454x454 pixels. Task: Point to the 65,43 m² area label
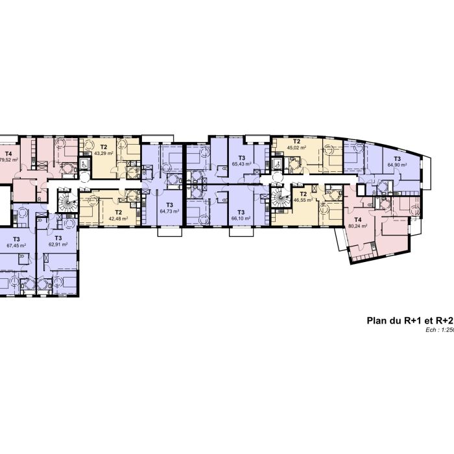pyautogui.click(x=241, y=165)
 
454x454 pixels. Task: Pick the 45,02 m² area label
pyautogui.click(x=297, y=148)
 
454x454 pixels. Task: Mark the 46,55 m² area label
pyautogui.click(x=303, y=201)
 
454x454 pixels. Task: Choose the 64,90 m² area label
pyautogui.click(x=397, y=165)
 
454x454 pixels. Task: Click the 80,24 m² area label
pyautogui.click(x=357, y=226)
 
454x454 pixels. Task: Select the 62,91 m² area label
pyautogui.click(x=58, y=246)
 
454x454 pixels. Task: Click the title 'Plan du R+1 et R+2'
pyautogui.click(x=409, y=320)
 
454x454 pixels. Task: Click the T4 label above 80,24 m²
pyautogui.click(x=357, y=219)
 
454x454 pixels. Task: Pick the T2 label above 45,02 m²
pyautogui.click(x=297, y=141)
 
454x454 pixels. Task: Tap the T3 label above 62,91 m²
pyautogui.click(x=58, y=239)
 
